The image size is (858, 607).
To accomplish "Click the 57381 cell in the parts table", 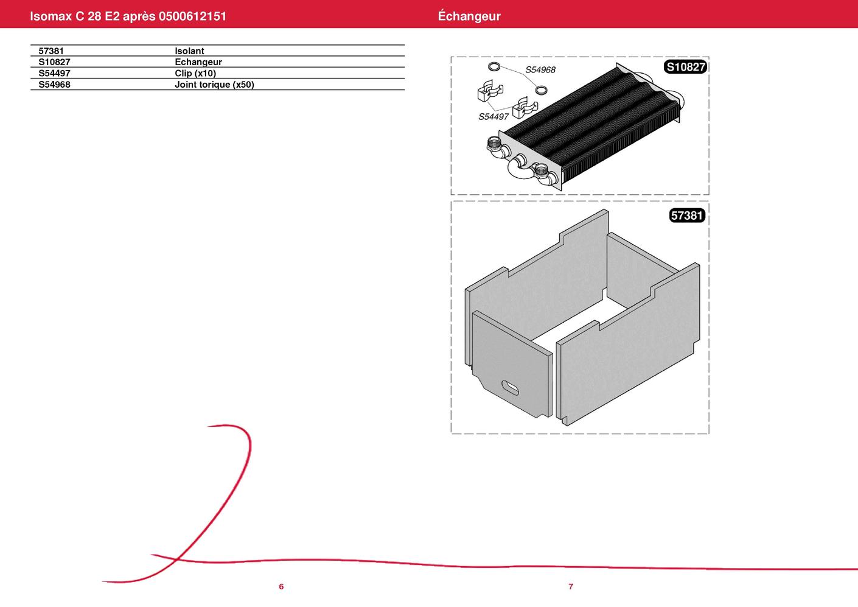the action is click(x=51, y=51).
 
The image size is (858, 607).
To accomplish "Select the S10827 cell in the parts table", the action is click(x=54, y=61).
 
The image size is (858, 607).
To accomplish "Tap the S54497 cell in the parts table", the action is click(x=54, y=73).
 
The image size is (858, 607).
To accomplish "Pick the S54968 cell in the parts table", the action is click(x=54, y=84).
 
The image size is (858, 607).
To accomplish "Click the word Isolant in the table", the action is click(x=189, y=51).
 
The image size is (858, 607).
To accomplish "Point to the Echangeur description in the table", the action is click(x=198, y=61).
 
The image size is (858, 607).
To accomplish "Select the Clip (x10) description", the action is click(x=195, y=73).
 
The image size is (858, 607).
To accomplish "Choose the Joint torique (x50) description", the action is click(x=214, y=84).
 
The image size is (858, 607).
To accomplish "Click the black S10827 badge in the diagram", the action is click(x=685, y=67).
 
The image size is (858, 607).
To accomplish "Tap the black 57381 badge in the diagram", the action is click(x=687, y=216).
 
